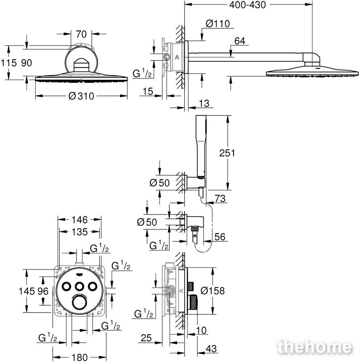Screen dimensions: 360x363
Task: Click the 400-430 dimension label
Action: [x=247, y=5]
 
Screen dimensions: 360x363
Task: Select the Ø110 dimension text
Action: [x=218, y=24]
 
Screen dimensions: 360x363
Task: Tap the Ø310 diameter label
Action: [x=81, y=96]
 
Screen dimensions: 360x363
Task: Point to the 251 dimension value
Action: [x=227, y=153]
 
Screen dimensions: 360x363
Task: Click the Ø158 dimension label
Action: [x=212, y=290]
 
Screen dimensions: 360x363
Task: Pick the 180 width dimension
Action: [x=79, y=358]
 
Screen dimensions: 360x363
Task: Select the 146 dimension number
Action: [x=79, y=220]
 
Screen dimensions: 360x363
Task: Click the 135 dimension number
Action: [x=79, y=232]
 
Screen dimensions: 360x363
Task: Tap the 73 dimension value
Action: [x=220, y=199]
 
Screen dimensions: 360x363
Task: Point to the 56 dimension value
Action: [x=220, y=237]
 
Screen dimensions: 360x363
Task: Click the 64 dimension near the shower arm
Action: [x=240, y=41]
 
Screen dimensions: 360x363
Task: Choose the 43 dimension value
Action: [x=211, y=348]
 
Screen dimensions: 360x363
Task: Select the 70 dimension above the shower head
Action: [x=81, y=34]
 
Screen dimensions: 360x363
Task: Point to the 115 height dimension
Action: [x=9, y=63]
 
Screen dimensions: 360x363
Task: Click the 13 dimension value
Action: [x=204, y=103]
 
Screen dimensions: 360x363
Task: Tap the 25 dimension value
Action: [x=146, y=338]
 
